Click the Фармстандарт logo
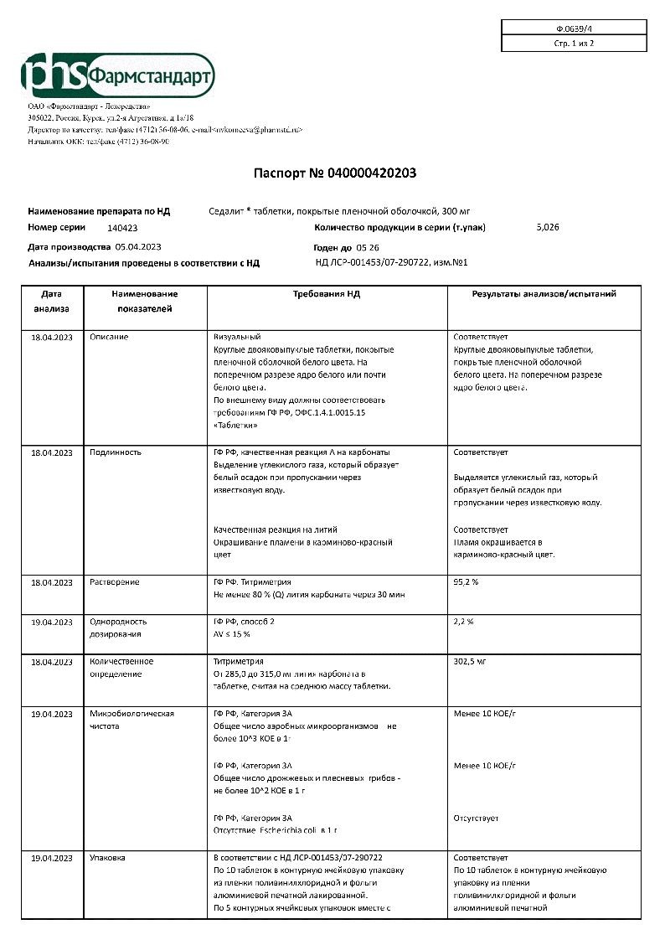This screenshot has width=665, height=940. (118, 75)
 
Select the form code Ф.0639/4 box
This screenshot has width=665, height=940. (574, 28)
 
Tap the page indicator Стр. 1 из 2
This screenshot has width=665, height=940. (574, 43)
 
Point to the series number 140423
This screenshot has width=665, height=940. (123, 228)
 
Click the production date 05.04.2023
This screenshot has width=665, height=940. (139, 247)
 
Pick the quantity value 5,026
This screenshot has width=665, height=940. (547, 227)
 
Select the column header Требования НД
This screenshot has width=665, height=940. (327, 295)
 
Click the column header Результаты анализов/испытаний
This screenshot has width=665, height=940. (544, 295)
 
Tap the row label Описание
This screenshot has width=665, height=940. (109, 337)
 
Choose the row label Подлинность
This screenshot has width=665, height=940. (116, 452)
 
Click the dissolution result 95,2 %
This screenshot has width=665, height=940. (466, 581)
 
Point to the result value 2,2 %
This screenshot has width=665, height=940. (464, 622)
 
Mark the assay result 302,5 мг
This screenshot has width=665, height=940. (470, 662)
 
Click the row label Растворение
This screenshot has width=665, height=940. (115, 582)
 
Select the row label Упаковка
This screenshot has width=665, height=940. (108, 858)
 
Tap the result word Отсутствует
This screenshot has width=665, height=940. (476, 818)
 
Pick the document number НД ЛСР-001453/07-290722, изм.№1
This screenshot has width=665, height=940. (391, 263)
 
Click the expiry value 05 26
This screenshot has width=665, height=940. (368, 248)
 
